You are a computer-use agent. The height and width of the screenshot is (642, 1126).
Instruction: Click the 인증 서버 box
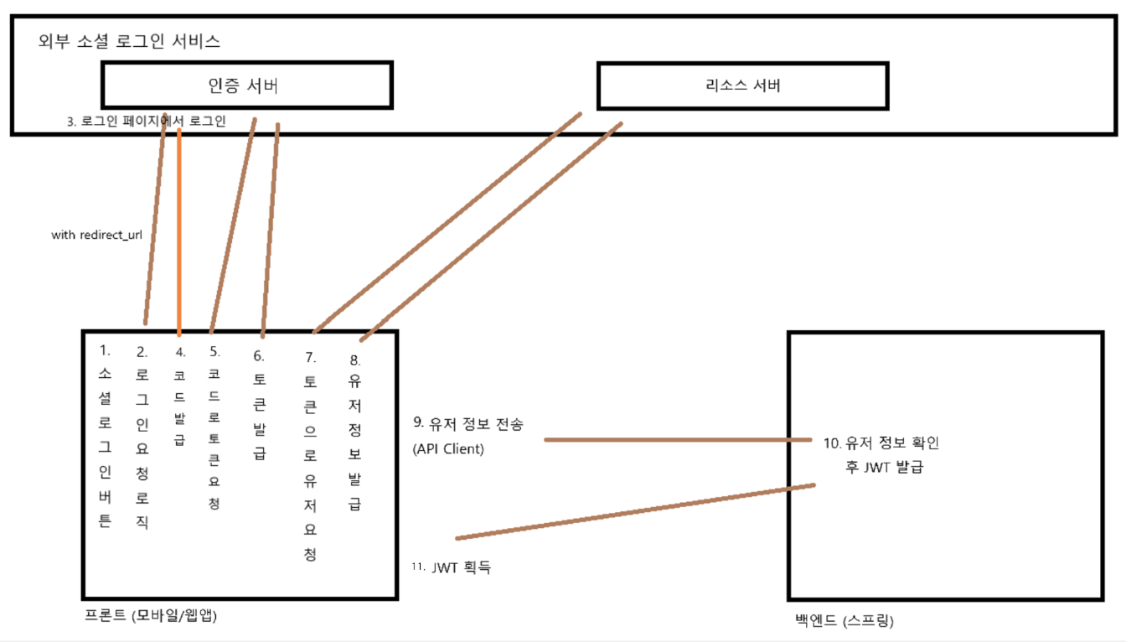click(246, 85)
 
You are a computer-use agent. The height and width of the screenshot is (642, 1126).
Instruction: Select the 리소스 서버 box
click(742, 85)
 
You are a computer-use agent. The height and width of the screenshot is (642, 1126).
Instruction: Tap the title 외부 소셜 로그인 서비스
click(130, 40)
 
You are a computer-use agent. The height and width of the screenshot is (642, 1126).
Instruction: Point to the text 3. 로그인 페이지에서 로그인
click(147, 121)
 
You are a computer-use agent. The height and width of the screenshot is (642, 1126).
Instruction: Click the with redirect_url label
click(96, 235)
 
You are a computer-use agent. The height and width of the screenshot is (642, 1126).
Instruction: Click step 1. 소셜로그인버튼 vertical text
click(105, 436)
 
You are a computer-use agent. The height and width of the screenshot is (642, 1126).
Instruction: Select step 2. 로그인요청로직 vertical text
click(142, 436)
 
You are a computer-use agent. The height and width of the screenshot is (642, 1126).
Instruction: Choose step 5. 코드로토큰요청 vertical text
click(214, 427)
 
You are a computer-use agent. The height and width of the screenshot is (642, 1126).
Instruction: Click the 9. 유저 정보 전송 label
click(468, 424)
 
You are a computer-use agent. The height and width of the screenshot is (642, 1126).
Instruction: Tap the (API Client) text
click(448, 448)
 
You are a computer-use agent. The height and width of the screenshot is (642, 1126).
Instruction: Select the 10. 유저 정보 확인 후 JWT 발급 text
click(886, 454)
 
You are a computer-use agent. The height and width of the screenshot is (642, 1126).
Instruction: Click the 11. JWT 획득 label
click(452, 567)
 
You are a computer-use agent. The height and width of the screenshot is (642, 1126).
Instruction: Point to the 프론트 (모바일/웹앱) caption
click(151, 616)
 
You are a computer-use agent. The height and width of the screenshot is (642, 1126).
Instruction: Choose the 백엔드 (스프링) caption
click(844, 621)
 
